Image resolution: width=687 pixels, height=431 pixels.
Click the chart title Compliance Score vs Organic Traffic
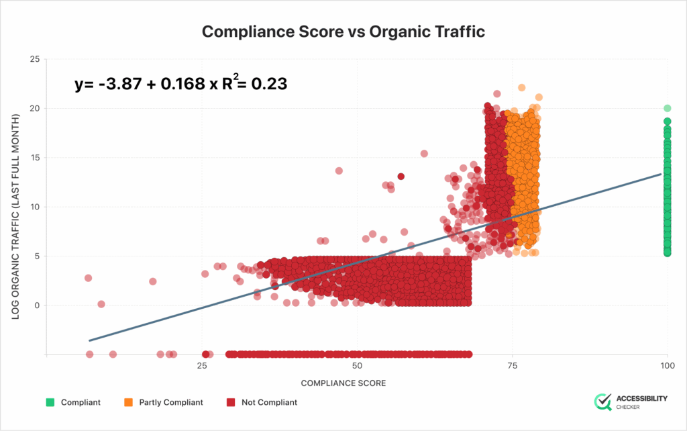[x=343, y=32]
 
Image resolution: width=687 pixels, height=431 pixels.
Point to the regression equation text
[x=180, y=84]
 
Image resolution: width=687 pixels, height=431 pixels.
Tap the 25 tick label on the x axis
[x=202, y=366]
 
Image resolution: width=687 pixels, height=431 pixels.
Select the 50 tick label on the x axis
[x=357, y=366]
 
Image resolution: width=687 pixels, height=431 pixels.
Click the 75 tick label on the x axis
[x=513, y=366]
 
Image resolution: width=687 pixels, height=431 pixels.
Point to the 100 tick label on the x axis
[x=667, y=366]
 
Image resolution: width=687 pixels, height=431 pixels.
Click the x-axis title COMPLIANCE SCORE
[x=343, y=383]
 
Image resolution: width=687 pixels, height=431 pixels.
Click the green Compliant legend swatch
[x=50, y=403]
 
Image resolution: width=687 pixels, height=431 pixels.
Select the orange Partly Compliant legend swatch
[x=128, y=403]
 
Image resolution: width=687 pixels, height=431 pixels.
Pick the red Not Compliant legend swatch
[x=230, y=403]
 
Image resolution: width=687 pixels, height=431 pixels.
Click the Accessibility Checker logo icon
[x=603, y=401]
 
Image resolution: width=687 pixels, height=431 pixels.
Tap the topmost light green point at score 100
[x=667, y=108]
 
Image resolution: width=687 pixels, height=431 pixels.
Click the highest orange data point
[x=521, y=88]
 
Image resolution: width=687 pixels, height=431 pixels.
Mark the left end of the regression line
[x=90, y=340]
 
